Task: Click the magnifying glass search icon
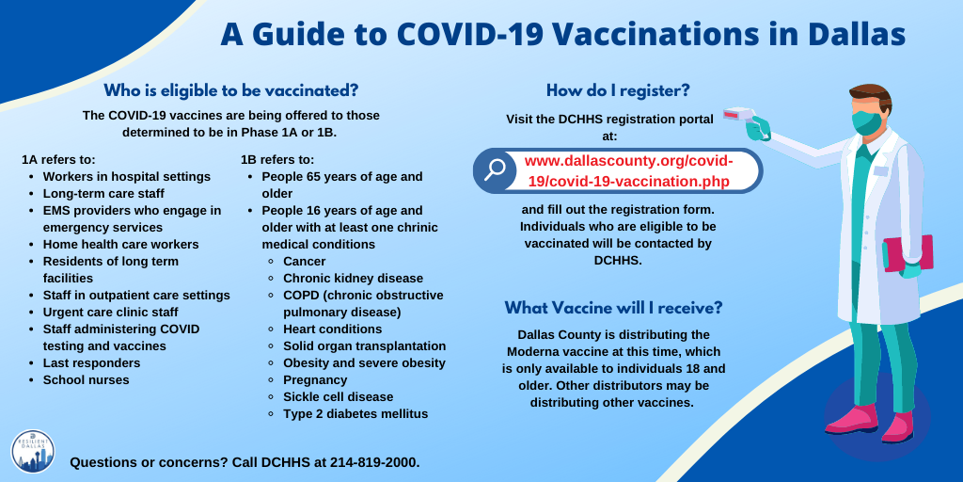(494, 169)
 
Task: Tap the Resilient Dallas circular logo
(33, 451)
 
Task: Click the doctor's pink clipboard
(909, 253)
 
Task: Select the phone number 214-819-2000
(374, 461)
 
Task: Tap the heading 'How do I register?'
(618, 91)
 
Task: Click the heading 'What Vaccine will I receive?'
(613, 308)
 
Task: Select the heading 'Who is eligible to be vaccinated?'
(230, 91)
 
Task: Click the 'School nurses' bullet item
(86, 380)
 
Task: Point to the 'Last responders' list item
(91, 362)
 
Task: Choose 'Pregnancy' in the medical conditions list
(315, 380)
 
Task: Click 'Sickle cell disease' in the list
(338, 396)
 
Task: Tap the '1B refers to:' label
(277, 160)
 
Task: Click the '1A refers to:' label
(58, 160)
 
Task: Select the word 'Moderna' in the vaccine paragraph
(532, 353)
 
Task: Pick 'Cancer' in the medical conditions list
(304, 262)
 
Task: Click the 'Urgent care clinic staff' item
(111, 312)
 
